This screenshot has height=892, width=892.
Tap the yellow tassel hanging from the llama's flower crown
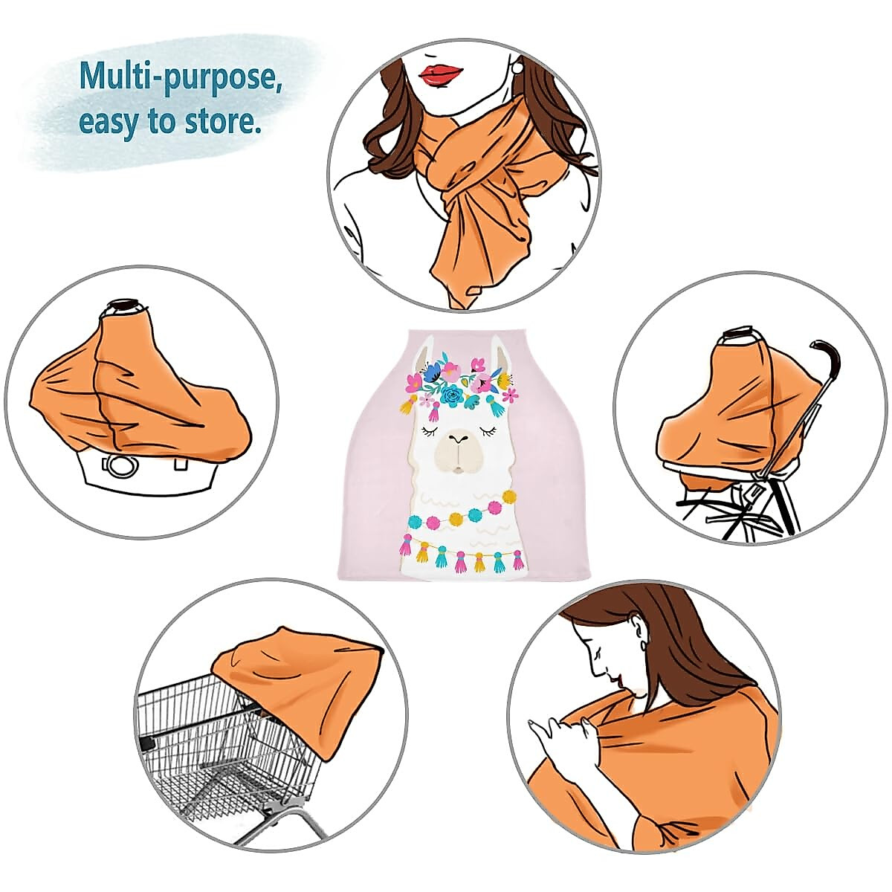coord(408,405)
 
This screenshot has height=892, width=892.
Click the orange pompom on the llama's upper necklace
coord(510,497)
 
